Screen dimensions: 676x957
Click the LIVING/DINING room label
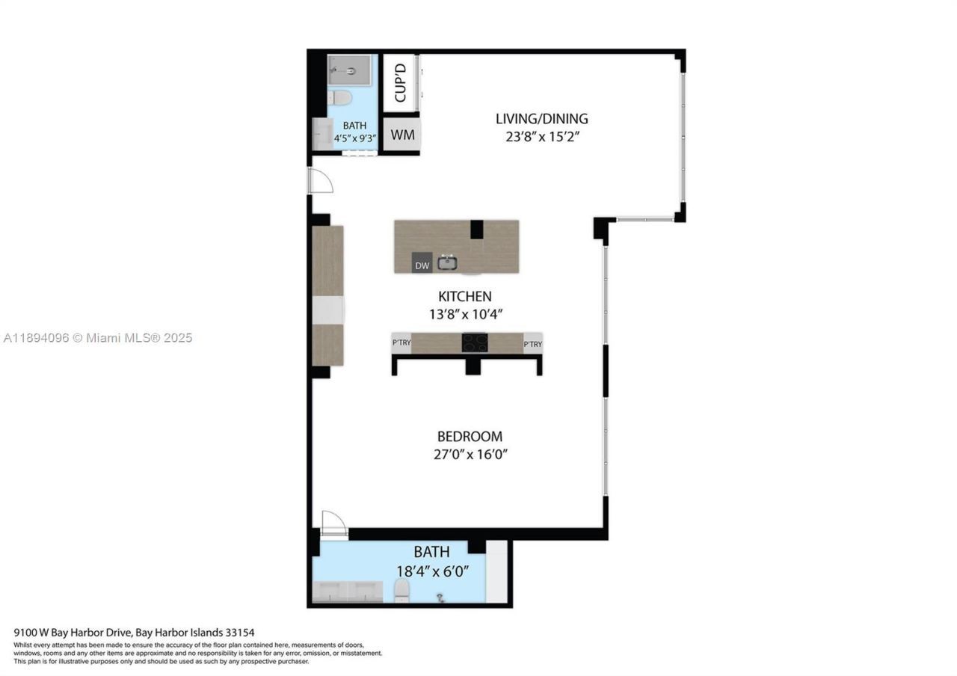tap(541, 118)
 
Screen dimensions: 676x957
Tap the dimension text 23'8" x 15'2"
tap(541, 137)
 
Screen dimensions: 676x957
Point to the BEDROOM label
tap(470, 436)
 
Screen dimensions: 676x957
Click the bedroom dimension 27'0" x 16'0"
tap(470, 455)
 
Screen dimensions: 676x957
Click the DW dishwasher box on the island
tap(422, 265)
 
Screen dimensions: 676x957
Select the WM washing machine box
tap(402, 135)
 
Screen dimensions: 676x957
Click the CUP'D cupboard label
tap(400, 82)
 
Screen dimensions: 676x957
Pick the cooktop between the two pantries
tap(475, 342)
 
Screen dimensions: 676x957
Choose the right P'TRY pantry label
tap(532, 344)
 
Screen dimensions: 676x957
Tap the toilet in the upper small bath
tap(342, 98)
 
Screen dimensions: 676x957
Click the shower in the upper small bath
tap(349, 71)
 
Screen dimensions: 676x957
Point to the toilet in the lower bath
tap(402, 592)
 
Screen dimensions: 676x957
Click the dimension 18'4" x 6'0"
tap(432, 571)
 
